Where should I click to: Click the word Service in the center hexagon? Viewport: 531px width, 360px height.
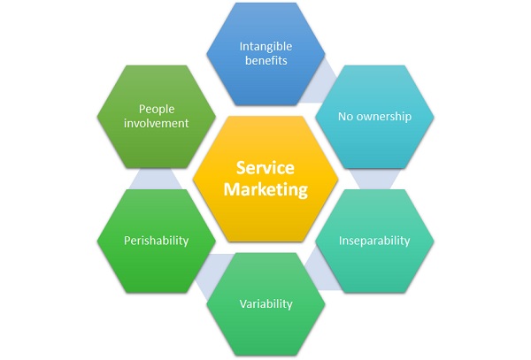(x=265, y=168)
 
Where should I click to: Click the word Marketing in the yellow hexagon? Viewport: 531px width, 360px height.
(x=265, y=189)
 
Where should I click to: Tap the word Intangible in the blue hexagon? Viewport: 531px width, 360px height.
(x=265, y=45)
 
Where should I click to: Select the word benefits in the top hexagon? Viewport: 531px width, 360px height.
(x=265, y=61)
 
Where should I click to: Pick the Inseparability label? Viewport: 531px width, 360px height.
(x=374, y=241)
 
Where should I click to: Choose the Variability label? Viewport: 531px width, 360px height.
(x=265, y=303)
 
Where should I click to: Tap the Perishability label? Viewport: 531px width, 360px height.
(x=156, y=241)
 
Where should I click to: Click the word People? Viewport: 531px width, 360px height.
(x=156, y=108)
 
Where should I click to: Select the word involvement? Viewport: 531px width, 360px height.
(x=156, y=124)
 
